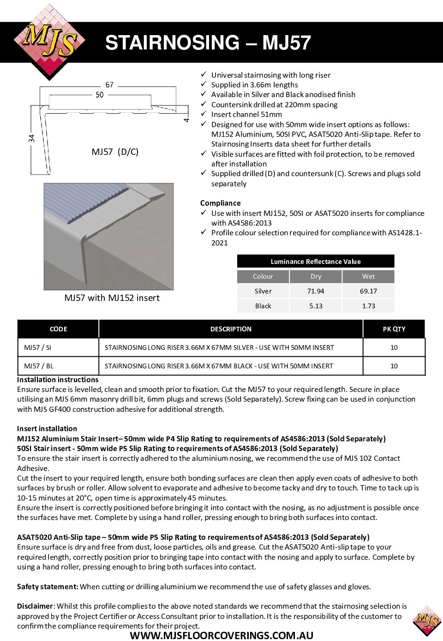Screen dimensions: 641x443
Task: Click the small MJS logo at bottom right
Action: [x=427, y=620]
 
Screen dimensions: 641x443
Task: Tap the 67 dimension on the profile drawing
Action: [x=109, y=85]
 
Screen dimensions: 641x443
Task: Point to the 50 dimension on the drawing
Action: [x=100, y=95]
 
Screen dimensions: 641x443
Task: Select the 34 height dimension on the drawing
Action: [x=31, y=138]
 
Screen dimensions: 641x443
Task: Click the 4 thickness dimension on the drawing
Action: [x=186, y=120]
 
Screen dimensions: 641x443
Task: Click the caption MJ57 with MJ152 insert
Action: [x=112, y=298]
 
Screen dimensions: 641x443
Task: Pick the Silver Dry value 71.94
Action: [x=316, y=291]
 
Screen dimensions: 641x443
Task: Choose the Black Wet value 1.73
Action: [x=368, y=306]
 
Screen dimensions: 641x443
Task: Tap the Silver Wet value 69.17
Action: [x=368, y=291]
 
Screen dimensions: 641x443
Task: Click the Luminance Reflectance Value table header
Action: [x=316, y=262]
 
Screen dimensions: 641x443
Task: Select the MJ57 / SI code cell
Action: [x=38, y=348]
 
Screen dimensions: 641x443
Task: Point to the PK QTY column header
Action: [x=394, y=329]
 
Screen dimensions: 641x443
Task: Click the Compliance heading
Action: [x=220, y=203]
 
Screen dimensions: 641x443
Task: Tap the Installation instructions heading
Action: [x=58, y=379]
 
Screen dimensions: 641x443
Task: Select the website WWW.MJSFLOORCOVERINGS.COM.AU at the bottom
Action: [x=221, y=635]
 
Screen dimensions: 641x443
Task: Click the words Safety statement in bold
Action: [x=48, y=586]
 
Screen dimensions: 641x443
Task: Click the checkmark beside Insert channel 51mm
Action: [x=204, y=114]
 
